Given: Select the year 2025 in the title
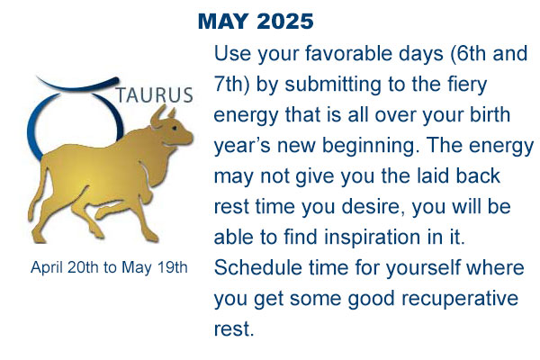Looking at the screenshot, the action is tap(285, 22).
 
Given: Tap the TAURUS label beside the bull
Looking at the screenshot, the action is tap(154, 94).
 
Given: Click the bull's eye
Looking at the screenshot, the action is tap(175, 128).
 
